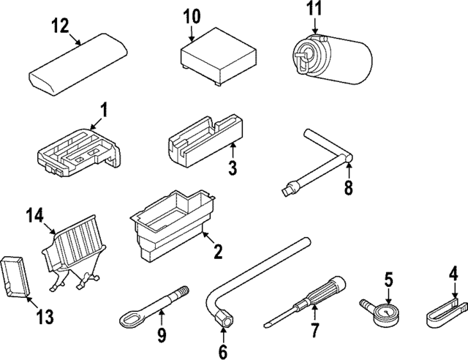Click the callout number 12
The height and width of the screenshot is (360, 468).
pos(60,26)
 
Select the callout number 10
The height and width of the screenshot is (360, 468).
pos(191,16)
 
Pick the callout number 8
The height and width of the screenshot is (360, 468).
pos(348,187)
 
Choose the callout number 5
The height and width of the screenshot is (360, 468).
pos(389,278)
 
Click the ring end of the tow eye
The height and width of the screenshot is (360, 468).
pos(130,320)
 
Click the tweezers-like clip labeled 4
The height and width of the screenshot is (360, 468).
pos(443,314)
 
